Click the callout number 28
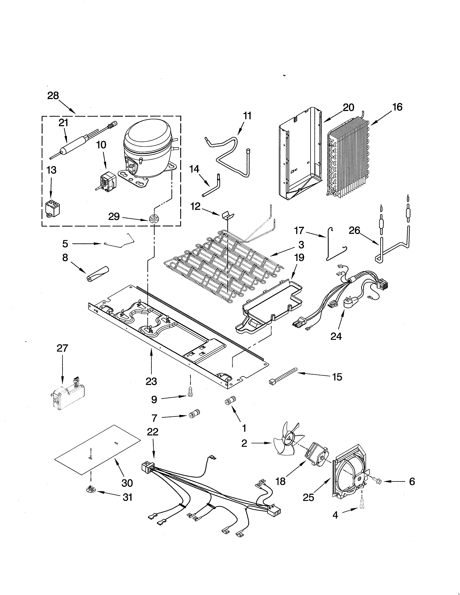[53, 96]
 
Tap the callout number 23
[151, 381]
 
